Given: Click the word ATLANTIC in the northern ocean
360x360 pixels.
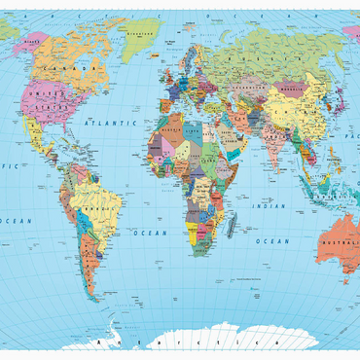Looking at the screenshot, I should pyautogui.click(x=109, y=125).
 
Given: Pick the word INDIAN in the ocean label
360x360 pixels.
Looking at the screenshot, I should pyautogui.click(x=269, y=206).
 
